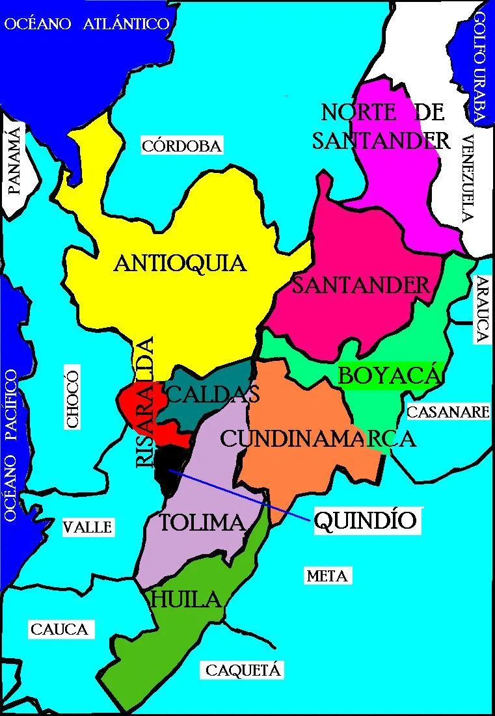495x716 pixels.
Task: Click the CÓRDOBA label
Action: pos(181,146)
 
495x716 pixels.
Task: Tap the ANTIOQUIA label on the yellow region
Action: pos(180,263)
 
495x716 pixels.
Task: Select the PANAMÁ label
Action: pos(14,162)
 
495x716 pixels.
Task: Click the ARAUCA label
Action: pos(481,310)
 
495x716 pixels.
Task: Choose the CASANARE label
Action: pos(448,412)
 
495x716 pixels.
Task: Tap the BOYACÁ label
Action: pos(390,376)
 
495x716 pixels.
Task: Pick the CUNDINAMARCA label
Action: pos(317,438)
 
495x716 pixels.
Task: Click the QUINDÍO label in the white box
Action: pos(365,521)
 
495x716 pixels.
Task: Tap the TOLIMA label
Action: pos(202,522)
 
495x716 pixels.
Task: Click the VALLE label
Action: pos(88,527)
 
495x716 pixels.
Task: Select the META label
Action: pos(327,576)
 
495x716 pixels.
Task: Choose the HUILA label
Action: pos(186,600)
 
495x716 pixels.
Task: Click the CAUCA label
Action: pos(59,630)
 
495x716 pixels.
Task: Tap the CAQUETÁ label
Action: pos(243,670)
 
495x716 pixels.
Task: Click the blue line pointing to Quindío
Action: pos(241,494)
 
